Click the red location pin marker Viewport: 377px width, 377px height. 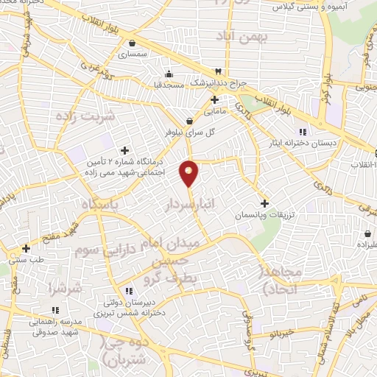tap(189, 172)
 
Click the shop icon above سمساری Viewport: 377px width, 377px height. tap(133, 43)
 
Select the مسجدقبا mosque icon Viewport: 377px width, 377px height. tap(170, 73)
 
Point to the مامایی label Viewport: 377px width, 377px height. tap(214, 112)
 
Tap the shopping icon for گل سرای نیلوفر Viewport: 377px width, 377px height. tap(190, 121)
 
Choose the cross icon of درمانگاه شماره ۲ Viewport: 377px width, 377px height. tap(124, 150)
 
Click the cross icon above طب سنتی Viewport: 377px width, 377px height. tap(26, 248)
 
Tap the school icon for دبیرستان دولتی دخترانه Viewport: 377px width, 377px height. tap(130, 291)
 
